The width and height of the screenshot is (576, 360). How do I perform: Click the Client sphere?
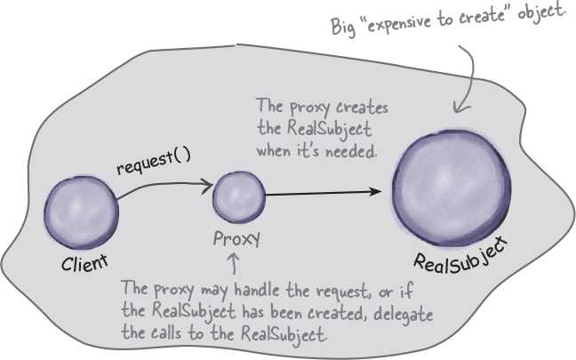pyautogui.click(x=81, y=212)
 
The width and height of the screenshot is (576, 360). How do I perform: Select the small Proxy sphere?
pyautogui.click(x=239, y=197)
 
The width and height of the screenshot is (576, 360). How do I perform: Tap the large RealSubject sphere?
pyautogui.click(x=452, y=188)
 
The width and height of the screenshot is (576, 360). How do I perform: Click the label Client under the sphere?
pyautogui.click(x=84, y=262)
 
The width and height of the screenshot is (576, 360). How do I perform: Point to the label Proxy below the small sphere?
pyautogui.click(x=237, y=239)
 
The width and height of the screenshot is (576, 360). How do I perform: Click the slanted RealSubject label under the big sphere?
pyautogui.click(x=460, y=257)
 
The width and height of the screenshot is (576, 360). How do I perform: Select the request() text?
pyautogui.click(x=154, y=161)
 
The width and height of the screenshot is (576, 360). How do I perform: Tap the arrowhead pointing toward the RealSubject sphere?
pyautogui.click(x=375, y=191)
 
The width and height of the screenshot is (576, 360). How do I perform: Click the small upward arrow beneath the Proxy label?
pyautogui.click(x=234, y=264)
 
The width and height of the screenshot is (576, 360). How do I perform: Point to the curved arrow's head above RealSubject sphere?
pyautogui.click(x=460, y=108)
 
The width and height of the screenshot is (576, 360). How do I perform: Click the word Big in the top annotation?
pyautogui.click(x=343, y=27)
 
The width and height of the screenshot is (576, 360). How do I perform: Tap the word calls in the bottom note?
pyautogui.click(x=166, y=332)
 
